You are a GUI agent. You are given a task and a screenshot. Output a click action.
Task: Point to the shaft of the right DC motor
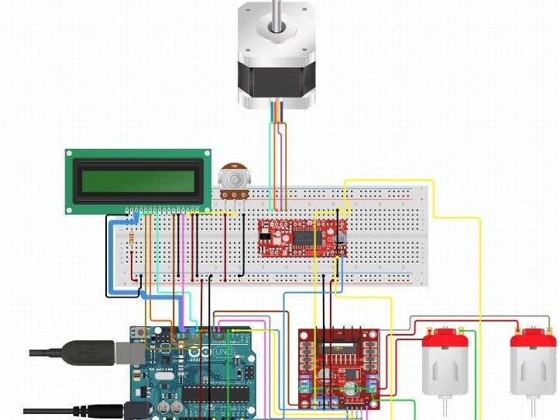click(x=534, y=408)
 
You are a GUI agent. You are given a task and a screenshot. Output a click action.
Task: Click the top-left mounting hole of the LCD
click(x=70, y=155)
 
